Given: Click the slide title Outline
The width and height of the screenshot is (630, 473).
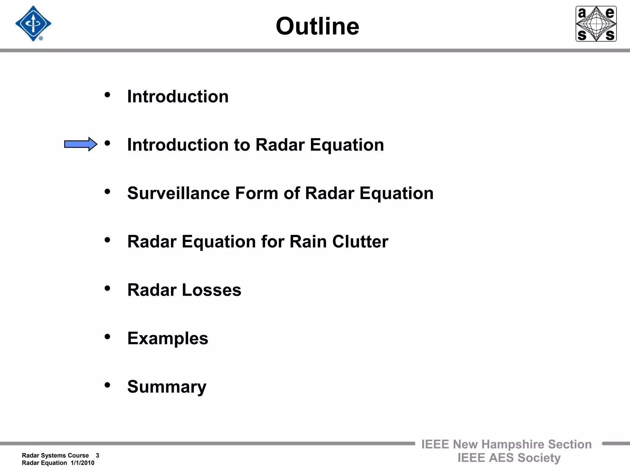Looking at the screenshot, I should (x=317, y=26).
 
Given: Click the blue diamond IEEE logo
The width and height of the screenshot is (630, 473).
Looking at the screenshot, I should (x=33, y=24).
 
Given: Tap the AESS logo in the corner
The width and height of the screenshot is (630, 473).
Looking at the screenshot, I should (x=596, y=24).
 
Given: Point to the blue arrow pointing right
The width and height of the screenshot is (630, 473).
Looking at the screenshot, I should (x=81, y=144).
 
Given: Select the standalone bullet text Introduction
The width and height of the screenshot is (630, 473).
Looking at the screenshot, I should (x=178, y=97).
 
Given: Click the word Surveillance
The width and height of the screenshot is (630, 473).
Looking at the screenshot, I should (x=178, y=193).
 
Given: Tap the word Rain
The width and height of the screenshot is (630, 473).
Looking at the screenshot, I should (x=308, y=242).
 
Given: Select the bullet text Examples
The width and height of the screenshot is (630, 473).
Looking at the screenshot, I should (x=168, y=339).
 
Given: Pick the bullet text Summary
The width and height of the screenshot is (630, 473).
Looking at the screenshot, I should (x=167, y=387).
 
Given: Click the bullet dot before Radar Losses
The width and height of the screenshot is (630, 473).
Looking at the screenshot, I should (x=107, y=289).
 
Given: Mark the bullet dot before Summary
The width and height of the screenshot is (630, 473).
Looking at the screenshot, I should (x=107, y=385).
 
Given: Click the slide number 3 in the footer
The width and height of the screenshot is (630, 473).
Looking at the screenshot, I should (x=98, y=455).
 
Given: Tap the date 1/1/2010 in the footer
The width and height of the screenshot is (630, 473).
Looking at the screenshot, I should (x=82, y=463).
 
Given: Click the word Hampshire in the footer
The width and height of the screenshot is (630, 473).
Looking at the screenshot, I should (x=513, y=444).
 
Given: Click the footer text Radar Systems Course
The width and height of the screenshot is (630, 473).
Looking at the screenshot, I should (x=55, y=455).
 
